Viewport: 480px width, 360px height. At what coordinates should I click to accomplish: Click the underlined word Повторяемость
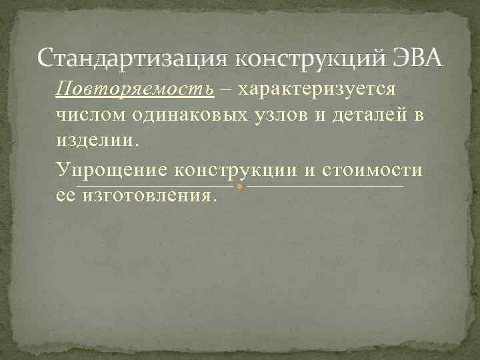click(135, 89)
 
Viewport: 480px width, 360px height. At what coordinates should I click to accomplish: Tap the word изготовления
click(149, 196)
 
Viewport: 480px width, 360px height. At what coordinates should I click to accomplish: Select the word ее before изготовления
click(65, 196)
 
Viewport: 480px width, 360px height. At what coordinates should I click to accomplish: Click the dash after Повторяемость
click(227, 90)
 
